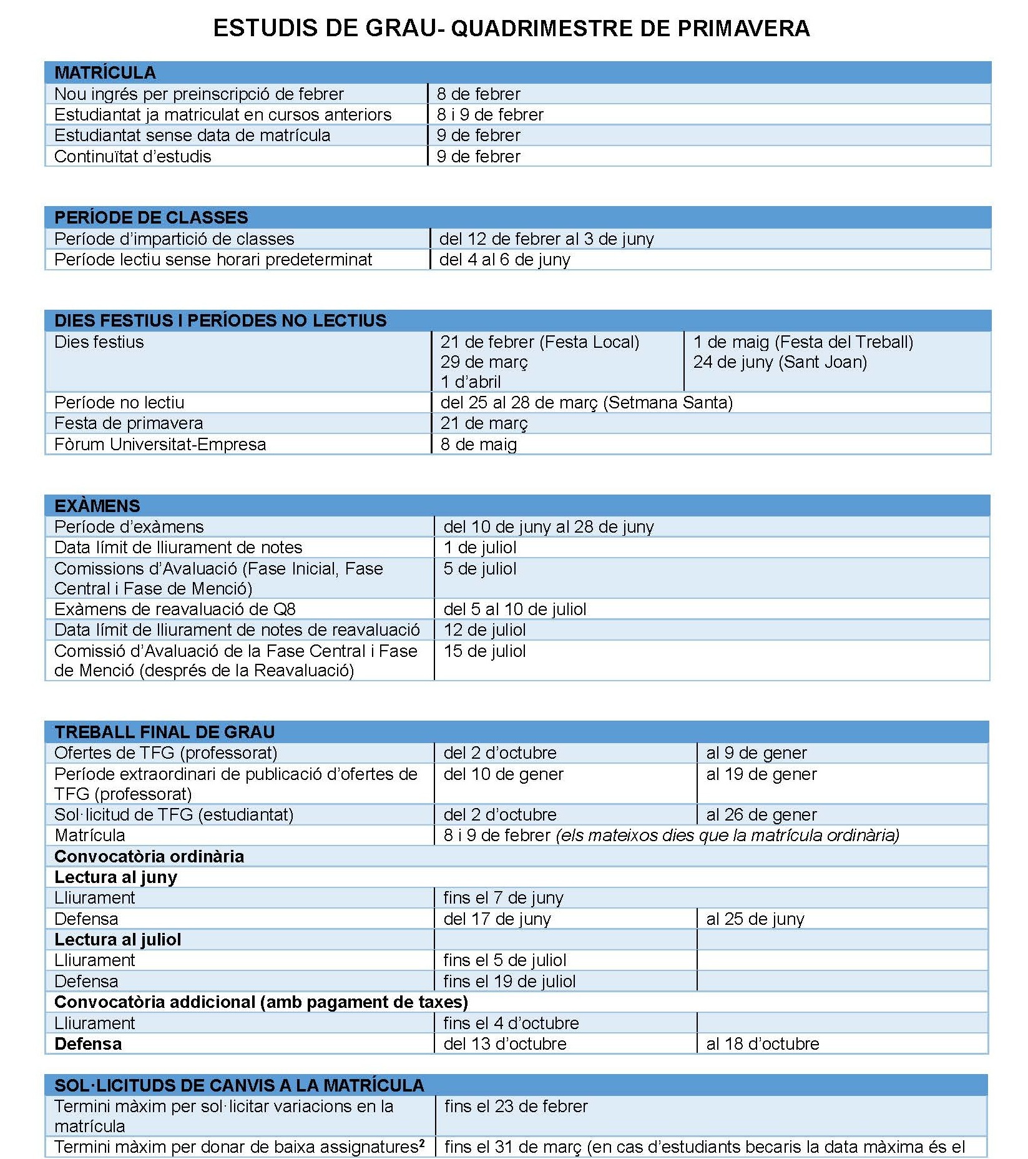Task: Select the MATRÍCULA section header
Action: [105, 72]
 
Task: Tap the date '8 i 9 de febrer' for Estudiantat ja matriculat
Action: [490, 115]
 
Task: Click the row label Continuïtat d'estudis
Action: [133, 157]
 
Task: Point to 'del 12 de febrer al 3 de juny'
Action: [546, 239]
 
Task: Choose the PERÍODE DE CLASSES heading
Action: [151, 217]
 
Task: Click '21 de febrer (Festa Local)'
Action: [539, 342]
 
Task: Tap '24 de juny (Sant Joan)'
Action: [780, 362]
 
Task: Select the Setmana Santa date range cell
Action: [586, 403]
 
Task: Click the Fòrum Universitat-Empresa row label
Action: [160, 445]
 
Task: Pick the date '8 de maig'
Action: [478, 445]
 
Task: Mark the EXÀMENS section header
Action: [97, 506]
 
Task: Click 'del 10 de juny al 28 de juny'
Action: [548, 527]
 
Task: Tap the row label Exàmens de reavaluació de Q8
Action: [175, 609]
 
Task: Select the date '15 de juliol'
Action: [484, 651]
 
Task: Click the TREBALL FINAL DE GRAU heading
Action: [164, 732]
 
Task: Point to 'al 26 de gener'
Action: [761, 815]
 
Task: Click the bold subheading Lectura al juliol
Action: [118, 940]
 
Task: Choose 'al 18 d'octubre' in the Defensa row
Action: [762, 1044]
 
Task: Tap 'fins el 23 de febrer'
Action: [516, 1107]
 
